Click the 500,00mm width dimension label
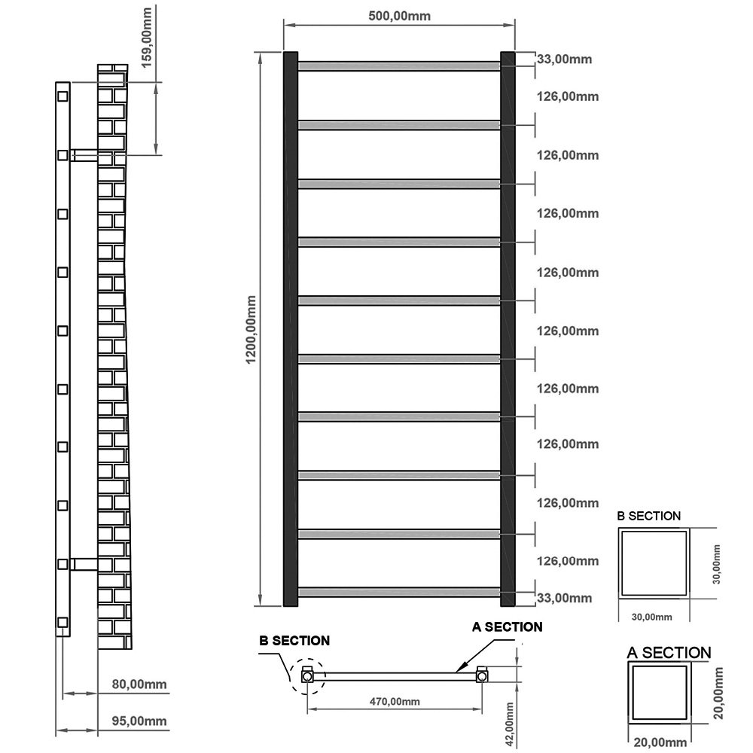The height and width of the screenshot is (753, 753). tap(399, 16)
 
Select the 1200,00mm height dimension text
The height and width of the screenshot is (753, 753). tap(252, 330)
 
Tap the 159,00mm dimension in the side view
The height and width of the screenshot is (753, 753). tap(147, 38)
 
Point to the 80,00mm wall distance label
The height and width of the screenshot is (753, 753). tap(139, 684)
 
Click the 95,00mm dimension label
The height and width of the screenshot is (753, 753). tap(139, 721)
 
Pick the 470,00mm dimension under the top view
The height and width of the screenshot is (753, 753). tap(395, 702)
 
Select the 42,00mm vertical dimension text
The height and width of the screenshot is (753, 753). tap(510, 724)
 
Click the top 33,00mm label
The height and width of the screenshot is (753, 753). tap(564, 59)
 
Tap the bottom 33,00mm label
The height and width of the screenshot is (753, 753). tap(564, 598)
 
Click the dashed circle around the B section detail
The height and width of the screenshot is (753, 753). tap(308, 659)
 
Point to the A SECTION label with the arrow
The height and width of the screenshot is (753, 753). tap(507, 626)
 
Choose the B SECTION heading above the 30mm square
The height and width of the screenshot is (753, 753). tap(649, 517)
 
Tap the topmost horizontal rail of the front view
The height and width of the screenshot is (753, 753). tap(399, 66)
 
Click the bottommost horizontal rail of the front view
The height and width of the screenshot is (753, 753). tap(399, 592)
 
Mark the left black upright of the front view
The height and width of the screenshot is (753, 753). tap(291, 329)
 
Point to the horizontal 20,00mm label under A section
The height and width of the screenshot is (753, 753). tap(660, 742)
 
